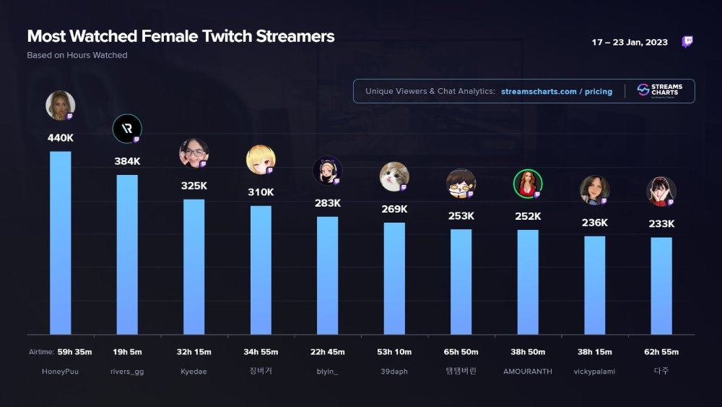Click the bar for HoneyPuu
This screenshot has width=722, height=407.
coord(60,242)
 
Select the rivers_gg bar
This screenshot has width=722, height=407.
coord(127,254)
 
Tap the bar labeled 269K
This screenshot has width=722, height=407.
coord(394,278)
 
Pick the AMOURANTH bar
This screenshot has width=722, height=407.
coord(528,282)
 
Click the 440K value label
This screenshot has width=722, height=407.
coord(60,137)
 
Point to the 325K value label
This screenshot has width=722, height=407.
coord(193,186)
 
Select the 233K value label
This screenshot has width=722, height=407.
coord(661,224)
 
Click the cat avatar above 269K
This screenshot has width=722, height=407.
coord(394,176)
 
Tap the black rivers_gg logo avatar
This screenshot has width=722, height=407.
coord(127,129)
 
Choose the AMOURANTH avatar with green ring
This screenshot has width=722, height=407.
coord(528,184)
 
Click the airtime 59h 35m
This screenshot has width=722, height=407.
coord(74,352)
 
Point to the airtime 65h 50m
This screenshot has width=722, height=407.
coord(461,352)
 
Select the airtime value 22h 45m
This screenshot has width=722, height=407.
coord(327,352)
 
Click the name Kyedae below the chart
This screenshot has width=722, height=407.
coord(193,371)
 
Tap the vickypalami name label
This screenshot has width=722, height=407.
coord(594,371)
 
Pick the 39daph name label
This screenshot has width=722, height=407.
coord(394,371)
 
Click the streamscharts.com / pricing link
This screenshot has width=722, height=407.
coord(556,92)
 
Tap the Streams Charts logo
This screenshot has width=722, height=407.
coord(660,90)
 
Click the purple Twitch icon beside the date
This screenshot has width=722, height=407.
coord(687,42)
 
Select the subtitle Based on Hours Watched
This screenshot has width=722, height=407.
coord(77,56)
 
